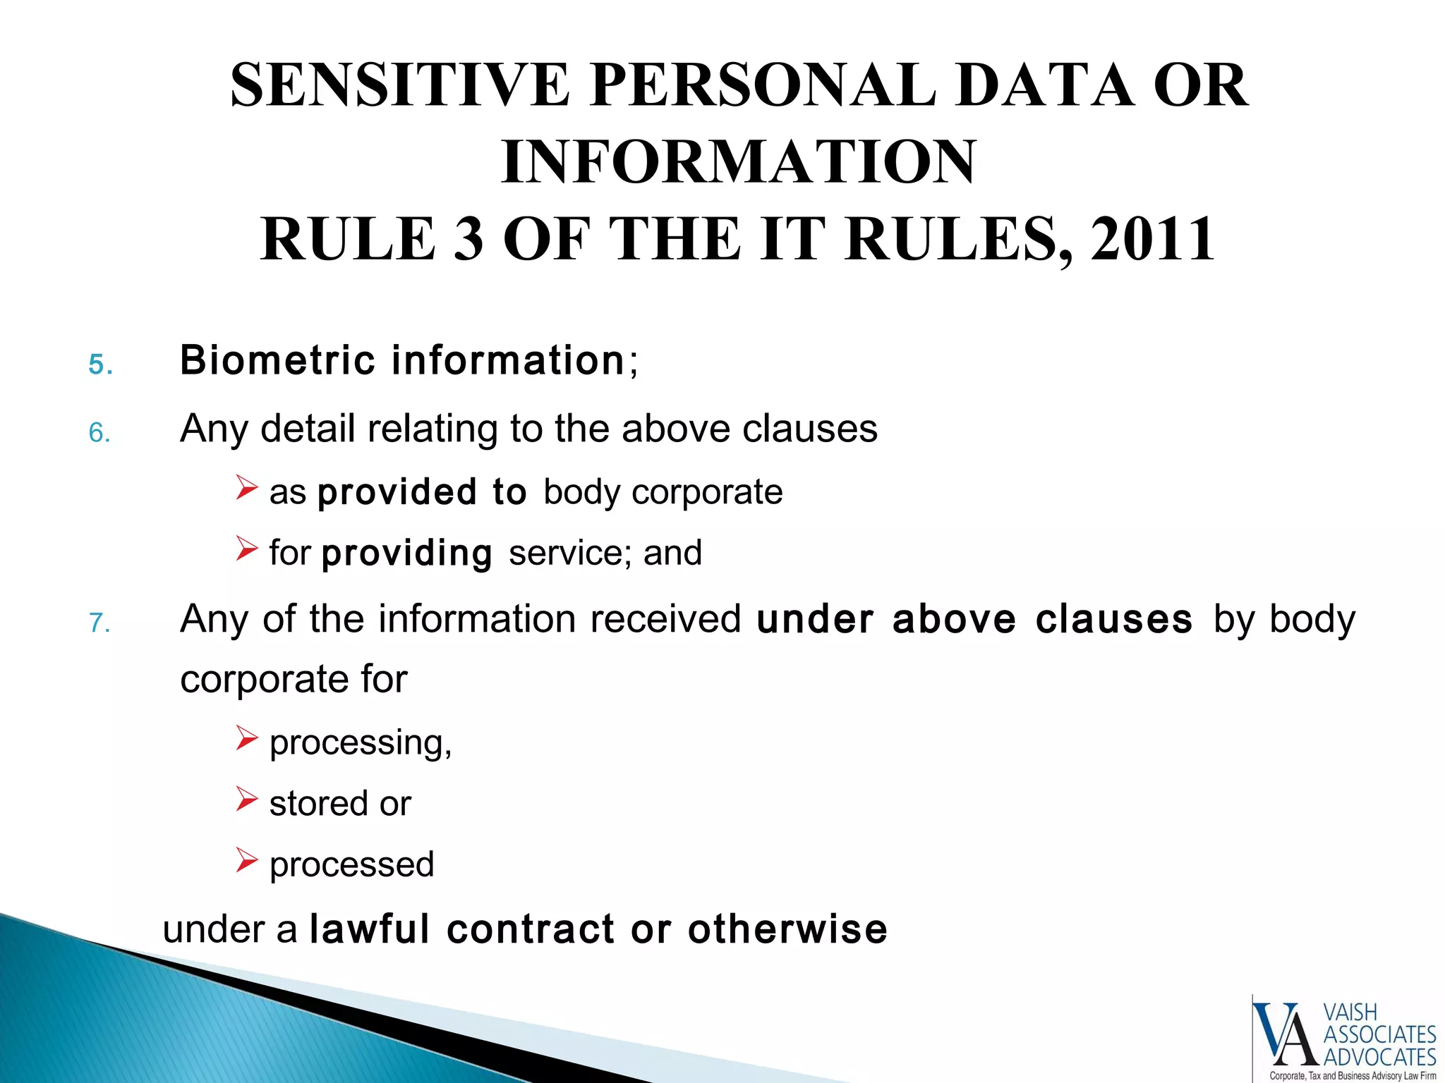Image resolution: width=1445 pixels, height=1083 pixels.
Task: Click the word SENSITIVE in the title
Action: (399, 85)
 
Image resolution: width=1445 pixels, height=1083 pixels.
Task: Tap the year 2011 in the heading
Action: (1152, 240)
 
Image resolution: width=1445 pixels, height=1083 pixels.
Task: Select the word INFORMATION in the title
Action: (739, 163)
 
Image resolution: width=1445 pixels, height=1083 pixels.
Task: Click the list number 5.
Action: (99, 365)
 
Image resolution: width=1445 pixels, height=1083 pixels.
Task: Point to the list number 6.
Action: (99, 432)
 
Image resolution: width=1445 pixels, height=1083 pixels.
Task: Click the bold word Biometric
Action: (277, 360)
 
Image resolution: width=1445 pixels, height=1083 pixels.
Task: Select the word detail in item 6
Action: (307, 429)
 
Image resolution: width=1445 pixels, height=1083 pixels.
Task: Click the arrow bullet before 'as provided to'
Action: (246, 487)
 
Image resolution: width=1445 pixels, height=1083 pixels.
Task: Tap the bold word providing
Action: (407, 553)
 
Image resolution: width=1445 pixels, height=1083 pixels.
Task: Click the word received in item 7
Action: (665, 619)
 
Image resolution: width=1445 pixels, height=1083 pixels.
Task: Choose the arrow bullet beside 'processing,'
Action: (246, 738)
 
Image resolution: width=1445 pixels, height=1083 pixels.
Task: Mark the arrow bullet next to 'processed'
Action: (246, 860)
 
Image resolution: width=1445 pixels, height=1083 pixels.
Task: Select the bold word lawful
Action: (370, 929)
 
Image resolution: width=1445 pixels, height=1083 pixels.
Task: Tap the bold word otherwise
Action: (787, 929)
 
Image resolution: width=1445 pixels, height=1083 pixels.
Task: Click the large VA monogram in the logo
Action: (1286, 1034)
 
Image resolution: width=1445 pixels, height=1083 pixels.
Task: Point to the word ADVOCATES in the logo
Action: (1379, 1057)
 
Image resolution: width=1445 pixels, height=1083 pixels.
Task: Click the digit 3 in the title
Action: (468, 240)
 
